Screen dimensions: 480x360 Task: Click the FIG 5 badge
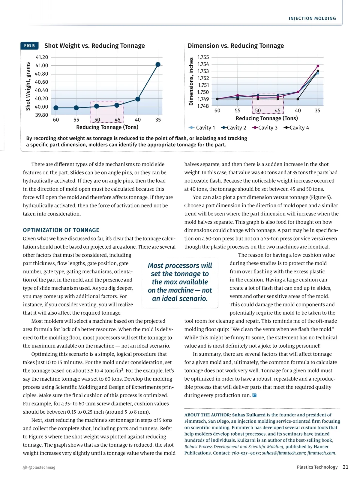coord(29,46)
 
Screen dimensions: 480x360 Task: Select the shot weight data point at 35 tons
coord(158,64)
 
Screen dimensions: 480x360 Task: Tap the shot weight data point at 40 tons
coord(138,99)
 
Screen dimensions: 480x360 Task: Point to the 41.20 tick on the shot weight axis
coord(42,57)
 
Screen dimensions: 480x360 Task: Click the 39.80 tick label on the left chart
coord(42,115)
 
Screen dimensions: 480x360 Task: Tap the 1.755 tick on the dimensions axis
coord(203,57)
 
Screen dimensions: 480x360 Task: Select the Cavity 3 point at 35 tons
coord(318,66)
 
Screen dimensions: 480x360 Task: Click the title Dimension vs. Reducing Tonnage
coord(236,46)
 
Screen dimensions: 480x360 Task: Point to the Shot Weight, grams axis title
coord(28,86)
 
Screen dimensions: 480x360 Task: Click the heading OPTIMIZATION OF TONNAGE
coord(61,230)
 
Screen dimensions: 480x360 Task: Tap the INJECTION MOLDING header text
coord(312,19)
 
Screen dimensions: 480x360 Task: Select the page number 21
coord(346,467)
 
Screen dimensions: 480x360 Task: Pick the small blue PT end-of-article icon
coord(254,395)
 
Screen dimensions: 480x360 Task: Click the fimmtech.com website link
coord(321,453)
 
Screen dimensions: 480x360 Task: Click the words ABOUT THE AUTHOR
coord(207,415)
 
